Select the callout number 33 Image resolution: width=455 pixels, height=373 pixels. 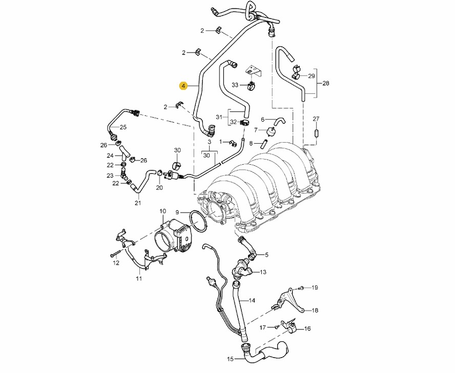coord(235,85)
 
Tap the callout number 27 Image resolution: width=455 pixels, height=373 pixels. coord(316,119)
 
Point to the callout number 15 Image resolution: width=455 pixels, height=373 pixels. coord(230,359)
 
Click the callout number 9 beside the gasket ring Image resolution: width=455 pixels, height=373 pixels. coord(177,212)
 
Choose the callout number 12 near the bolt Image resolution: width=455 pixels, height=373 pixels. coord(116,263)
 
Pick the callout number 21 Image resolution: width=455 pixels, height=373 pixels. coord(137,203)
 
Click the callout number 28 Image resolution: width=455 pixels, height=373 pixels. coord(325,83)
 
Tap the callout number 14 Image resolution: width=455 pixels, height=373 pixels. coord(252,300)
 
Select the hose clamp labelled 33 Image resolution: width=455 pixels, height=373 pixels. coord(251,85)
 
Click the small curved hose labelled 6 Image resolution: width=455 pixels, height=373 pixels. coord(280,121)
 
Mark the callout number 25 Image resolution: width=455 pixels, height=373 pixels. coord(123,127)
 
